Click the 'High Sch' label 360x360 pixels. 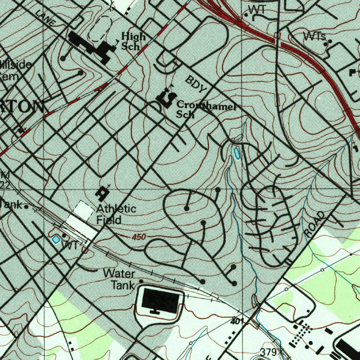coord(133,41)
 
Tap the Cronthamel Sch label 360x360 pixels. coord(206,109)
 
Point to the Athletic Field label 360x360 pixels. coord(116,214)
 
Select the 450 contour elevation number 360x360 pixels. coord(139,237)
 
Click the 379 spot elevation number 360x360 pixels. coord(269,352)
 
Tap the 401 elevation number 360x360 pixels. coord(238,321)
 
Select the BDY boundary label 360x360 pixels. coord(196,84)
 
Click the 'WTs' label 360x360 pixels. coord(314,36)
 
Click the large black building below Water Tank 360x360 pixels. coord(160,300)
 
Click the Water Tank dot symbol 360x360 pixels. coord(141,281)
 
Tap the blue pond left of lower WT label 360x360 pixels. coord(55,239)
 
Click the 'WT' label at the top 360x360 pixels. coord(257,10)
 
